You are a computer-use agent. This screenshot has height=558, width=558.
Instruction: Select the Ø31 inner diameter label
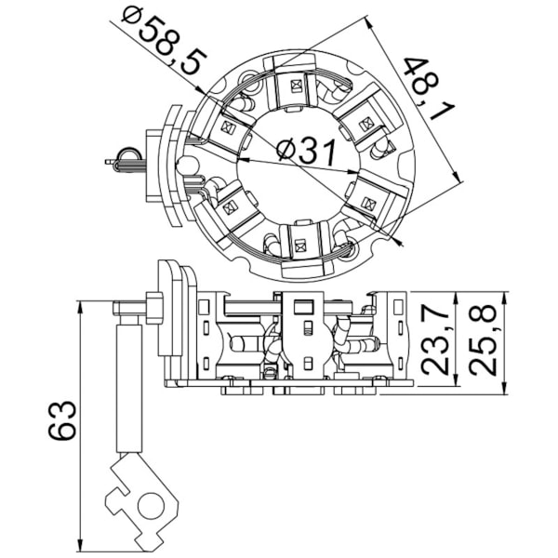tap(306, 151)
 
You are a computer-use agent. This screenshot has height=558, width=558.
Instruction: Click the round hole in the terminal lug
tap(147, 508)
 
